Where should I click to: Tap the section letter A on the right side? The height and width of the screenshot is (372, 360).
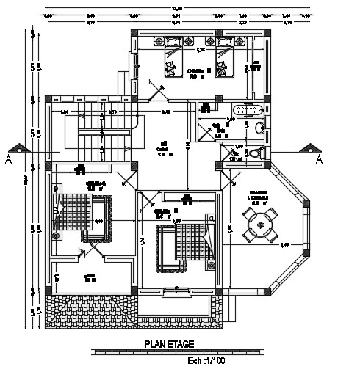pyautogui.click(x=319, y=158)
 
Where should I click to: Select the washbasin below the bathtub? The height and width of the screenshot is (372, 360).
pyautogui.click(x=259, y=128)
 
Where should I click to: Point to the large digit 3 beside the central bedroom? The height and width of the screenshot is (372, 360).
pyautogui.click(x=142, y=241)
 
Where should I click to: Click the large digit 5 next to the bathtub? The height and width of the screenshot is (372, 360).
pyautogui.click(x=266, y=124)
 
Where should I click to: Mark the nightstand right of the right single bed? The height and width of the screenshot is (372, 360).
pyautogui.click(x=255, y=64)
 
